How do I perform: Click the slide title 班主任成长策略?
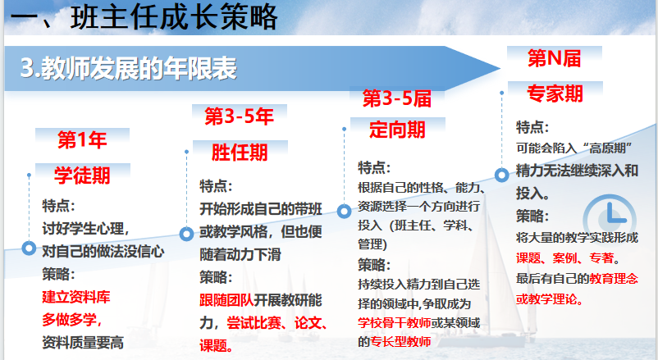[x=174, y=17]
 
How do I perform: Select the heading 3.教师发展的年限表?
[x=129, y=68]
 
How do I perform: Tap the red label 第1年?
[x=82, y=139]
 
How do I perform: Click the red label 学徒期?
[x=82, y=175]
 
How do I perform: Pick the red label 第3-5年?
[x=240, y=116]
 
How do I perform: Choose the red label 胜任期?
[x=240, y=152]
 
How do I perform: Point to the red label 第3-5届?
[x=397, y=98]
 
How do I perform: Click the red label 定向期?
[x=397, y=130]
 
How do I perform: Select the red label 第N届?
[x=555, y=58]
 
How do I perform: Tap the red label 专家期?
[x=555, y=93]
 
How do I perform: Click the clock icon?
[x=610, y=219]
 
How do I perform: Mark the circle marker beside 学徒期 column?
[x=29, y=248]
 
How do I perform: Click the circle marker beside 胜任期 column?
[x=186, y=234]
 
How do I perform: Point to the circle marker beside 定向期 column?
[x=344, y=211]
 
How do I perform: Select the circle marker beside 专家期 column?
[x=502, y=175]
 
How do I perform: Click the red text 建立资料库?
[x=76, y=297]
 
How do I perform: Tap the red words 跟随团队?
[x=226, y=300]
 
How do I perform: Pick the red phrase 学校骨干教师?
[x=394, y=322]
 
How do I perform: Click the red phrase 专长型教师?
[x=400, y=341]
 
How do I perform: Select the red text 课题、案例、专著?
[x=565, y=258]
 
